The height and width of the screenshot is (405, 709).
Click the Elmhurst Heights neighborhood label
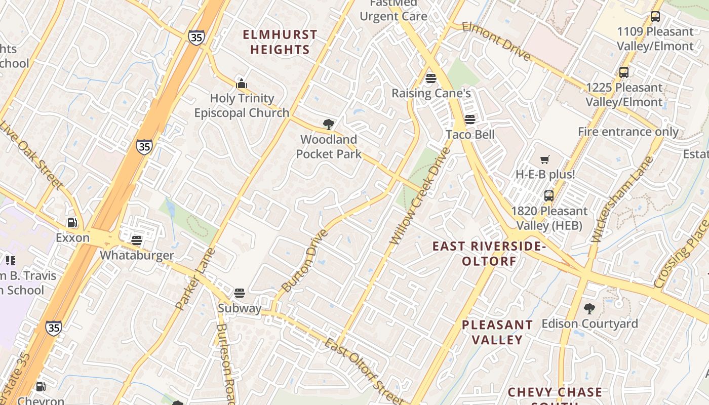pyautogui.click(x=280, y=42)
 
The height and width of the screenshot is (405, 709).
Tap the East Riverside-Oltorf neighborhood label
pyautogui.click(x=489, y=254)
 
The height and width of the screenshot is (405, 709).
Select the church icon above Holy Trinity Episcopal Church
pyautogui.click(x=242, y=83)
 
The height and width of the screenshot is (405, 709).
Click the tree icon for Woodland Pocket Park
pyautogui.click(x=329, y=124)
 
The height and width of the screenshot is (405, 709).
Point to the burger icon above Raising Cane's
pyautogui.click(x=431, y=78)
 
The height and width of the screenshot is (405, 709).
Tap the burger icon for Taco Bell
pyautogui.click(x=470, y=119)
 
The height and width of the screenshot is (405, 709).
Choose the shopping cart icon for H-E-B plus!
pyautogui.click(x=545, y=160)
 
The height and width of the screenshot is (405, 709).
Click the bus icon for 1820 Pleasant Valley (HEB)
pyautogui.click(x=549, y=196)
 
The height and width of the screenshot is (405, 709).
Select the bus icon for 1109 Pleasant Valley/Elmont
pyautogui.click(x=655, y=17)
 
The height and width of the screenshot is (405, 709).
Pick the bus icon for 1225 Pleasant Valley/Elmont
pyautogui.click(x=624, y=72)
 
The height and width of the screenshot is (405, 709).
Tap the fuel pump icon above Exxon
pyautogui.click(x=72, y=223)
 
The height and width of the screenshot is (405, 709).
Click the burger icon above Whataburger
pyautogui.click(x=137, y=240)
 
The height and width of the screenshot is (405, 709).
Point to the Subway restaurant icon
pyautogui.click(x=240, y=293)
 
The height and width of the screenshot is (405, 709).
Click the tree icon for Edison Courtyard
pyautogui.click(x=589, y=308)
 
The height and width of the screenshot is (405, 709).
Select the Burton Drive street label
pyautogui.click(x=304, y=261)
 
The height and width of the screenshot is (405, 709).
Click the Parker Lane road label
pyautogui.click(x=195, y=278)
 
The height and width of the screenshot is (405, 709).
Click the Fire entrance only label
pyautogui.click(x=628, y=132)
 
